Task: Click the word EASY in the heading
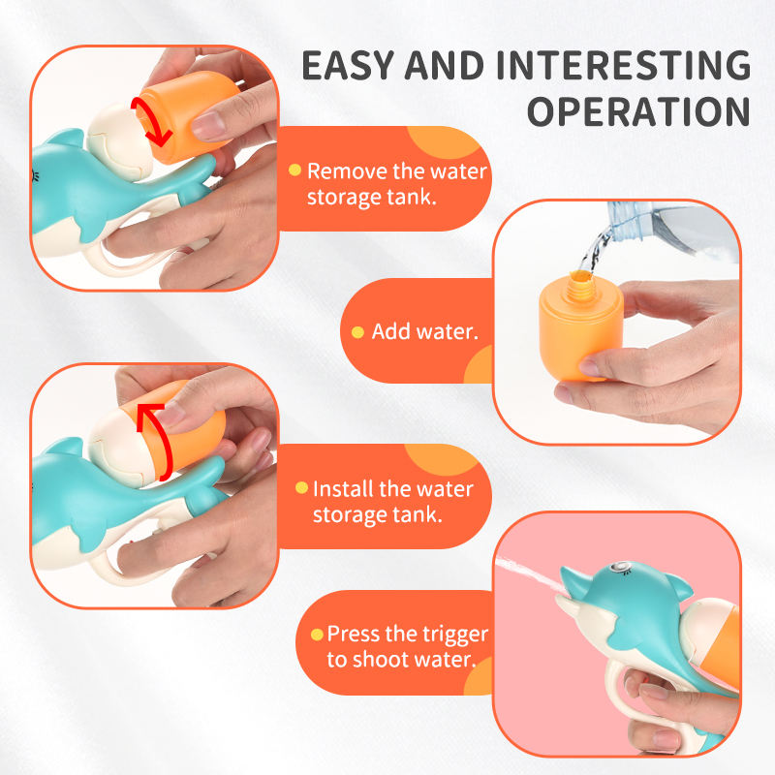[x=348, y=65]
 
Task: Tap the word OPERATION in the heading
[x=639, y=111]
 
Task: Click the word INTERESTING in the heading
[x=624, y=65]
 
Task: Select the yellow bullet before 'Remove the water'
[x=294, y=170]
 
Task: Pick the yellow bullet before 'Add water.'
[x=357, y=332]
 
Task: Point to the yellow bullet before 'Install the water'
[x=301, y=488]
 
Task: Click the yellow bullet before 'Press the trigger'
[x=317, y=635]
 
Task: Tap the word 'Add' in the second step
[x=390, y=331]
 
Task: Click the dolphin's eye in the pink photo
[x=617, y=567]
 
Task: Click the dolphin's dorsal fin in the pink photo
[x=677, y=587]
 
